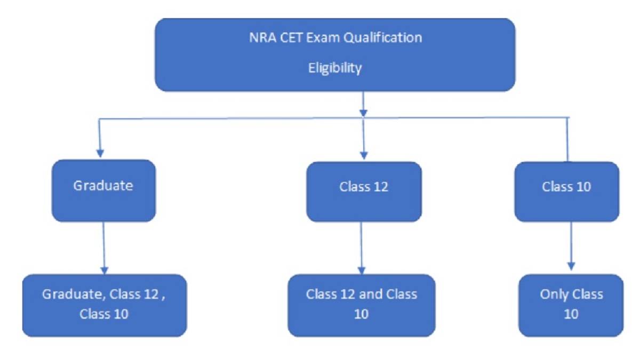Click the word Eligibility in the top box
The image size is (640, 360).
click(x=335, y=68)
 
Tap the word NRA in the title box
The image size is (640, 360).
click(x=259, y=38)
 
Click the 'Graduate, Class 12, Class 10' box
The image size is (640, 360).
click(x=104, y=304)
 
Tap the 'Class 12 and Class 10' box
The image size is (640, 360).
click(x=362, y=304)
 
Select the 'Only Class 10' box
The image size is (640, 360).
click(x=571, y=304)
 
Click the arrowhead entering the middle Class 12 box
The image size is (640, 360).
click(x=363, y=155)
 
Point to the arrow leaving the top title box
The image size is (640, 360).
click(x=363, y=104)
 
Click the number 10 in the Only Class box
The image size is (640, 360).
click(x=571, y=314)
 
